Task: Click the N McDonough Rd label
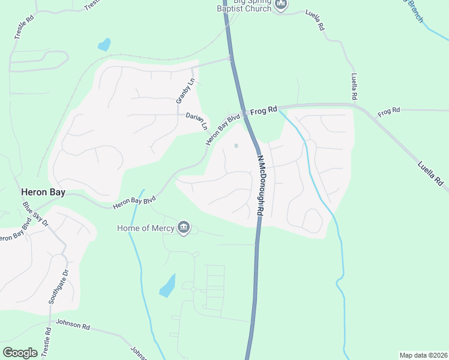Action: tap(261, 186)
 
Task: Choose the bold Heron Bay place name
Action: tap(43, 193)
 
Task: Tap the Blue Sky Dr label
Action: tap(36, 214)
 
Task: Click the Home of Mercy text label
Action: tap(146, 228)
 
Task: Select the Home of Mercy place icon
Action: tap(184, 227)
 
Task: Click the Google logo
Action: tap(20, 353)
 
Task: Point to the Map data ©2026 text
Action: tap(423, 355)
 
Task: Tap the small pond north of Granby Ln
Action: tap(104, 44)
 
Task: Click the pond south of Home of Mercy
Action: tap(167, 286)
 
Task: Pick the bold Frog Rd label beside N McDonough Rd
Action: tap(264, 110)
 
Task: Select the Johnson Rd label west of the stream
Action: tap(73, 324)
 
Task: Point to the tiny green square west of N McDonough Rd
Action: tap(236, 145)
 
